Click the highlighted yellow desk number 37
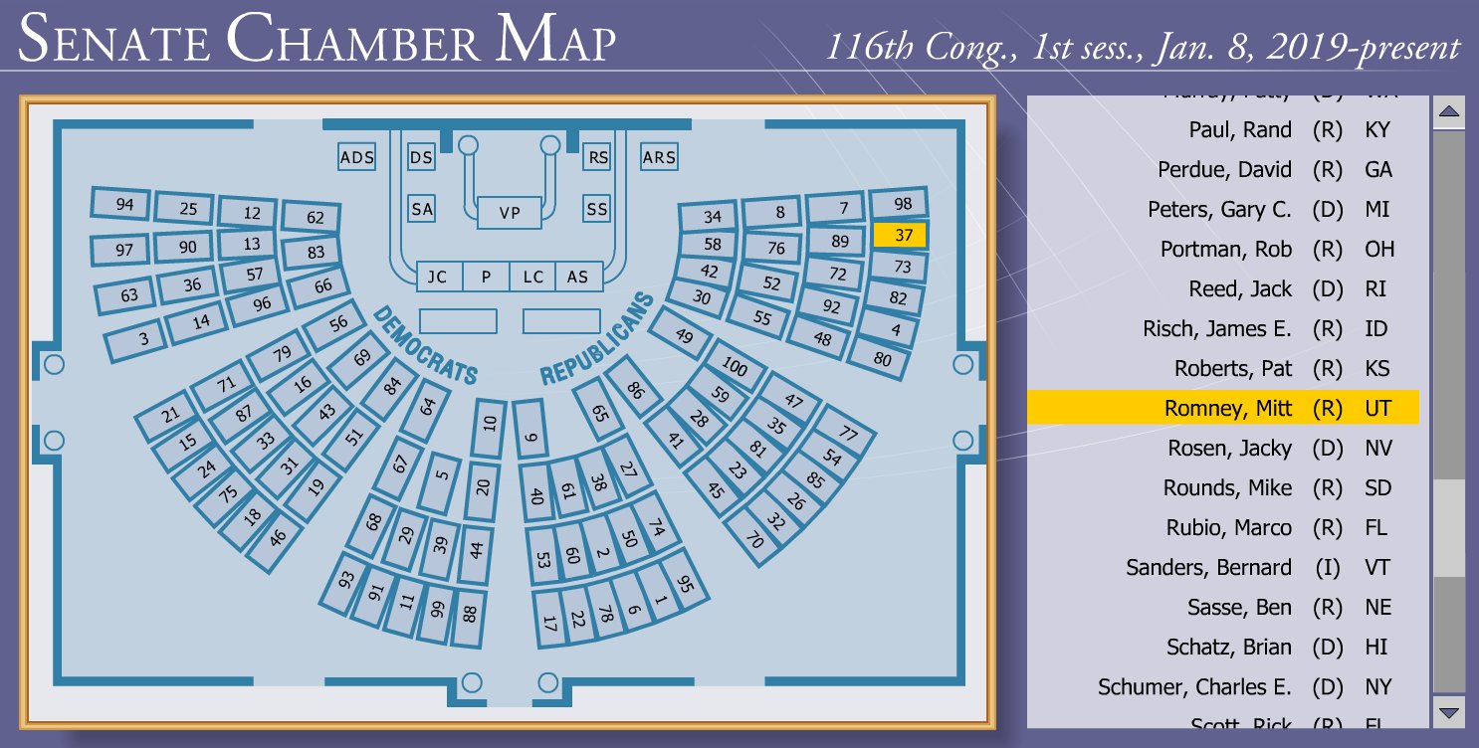(900, 235)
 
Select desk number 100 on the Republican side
(734, 367)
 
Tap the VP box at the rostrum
(510, 213)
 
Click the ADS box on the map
(357, 157)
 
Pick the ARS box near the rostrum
(659, 157)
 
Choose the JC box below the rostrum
(438, 277)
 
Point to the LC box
(533, 277)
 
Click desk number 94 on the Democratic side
(124, 204)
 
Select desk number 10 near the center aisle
(489, 423)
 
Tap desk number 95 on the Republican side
(684, 585)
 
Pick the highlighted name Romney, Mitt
(1228, 409)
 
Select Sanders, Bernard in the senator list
(1208, 568)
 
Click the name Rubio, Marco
(1228, 528)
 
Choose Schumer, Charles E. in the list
(1194, 687)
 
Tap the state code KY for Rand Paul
(1377, 130)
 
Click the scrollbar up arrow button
(1449, 112)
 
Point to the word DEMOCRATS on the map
(425, 345)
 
